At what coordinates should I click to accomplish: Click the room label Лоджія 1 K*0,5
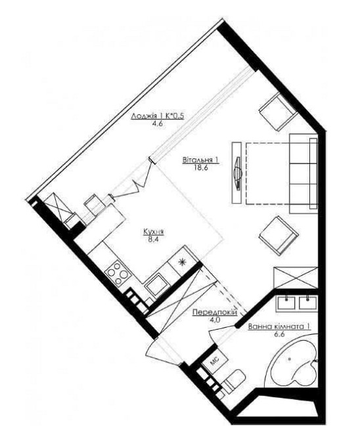[158, 116]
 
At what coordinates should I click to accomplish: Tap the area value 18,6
[200, 167]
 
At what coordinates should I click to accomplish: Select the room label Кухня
[154, 232]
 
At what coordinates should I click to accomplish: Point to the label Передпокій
[215, 313]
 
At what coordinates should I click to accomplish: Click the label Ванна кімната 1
[279, 326]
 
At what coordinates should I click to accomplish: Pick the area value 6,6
[279, 334]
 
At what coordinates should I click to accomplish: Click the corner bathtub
[293, 363]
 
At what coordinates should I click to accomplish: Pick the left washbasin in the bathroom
[286, 303]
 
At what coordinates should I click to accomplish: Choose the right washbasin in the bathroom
[308, 303]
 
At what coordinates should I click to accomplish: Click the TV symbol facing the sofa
[238, 173]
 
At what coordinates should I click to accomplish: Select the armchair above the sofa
[278, 112]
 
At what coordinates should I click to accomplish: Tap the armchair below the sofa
[278, 236]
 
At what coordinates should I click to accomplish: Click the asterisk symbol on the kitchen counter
[183, 262]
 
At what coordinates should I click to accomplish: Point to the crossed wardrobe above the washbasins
[296, 278]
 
